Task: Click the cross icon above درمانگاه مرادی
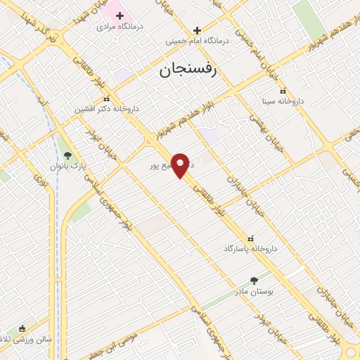pyautogui.click(x=120, y=15)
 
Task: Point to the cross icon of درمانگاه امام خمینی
pyautogui.click(x=197, y=30)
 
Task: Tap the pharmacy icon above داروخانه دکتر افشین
pyautogui.click(x=106, y=99)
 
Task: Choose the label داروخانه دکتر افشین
pyautogui.click(x=108, y=109)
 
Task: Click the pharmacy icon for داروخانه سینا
pyautogui.click(x=283, y=91)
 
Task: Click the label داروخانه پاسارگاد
pyautogui.click(x=251, y=249)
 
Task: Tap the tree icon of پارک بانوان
pyautogui.click(x=67, y=156)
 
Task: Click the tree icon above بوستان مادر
pyautogui.click(x=254, y=280)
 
